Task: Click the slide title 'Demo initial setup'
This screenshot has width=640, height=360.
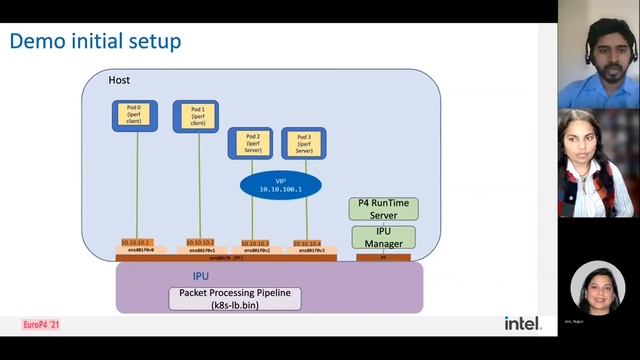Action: (x=95, y=41)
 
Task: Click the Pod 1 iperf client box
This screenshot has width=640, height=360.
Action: (x=197, y=117)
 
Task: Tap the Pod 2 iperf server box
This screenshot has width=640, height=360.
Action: (x=251, y=144)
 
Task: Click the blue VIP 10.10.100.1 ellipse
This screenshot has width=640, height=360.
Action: (x=280, y=185)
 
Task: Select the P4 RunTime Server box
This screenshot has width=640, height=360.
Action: (x=383, y=208)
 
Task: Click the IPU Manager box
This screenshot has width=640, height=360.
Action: (x=383, y=237)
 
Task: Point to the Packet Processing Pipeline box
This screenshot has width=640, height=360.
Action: (x=235, y=297)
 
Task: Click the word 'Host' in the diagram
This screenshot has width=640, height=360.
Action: (x=119, y=80)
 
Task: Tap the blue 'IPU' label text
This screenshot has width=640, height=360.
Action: (x=200, y=275)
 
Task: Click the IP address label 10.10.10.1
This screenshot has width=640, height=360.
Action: (x=136, y=243)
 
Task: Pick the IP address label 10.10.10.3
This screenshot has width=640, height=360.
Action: (x=255, y=243)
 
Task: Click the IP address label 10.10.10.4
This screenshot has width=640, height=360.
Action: (x=305, y=243)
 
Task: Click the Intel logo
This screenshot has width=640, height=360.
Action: (x=523, y=323)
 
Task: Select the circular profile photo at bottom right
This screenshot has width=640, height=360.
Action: (x=598, y=289)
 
